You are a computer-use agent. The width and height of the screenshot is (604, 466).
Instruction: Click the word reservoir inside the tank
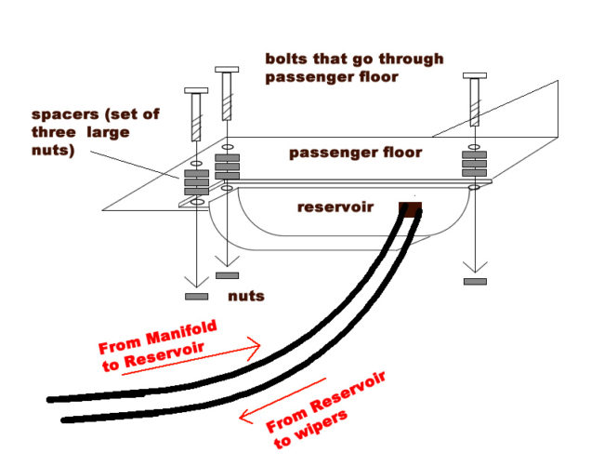(x=335, y=207)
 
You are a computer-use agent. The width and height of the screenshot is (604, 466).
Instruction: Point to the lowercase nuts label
(x=246, y=296)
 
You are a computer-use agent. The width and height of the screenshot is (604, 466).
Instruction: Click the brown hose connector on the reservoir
(x=411, y=207)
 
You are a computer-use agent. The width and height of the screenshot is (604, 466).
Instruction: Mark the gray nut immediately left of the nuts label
(x=226, y=275)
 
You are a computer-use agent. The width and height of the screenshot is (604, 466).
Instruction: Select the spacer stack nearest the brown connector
(x=475, y=164)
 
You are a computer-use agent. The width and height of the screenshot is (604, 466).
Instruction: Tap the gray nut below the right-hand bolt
(x=475, y=280)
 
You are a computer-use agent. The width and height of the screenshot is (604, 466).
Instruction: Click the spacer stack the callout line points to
(x=197, y=181)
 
